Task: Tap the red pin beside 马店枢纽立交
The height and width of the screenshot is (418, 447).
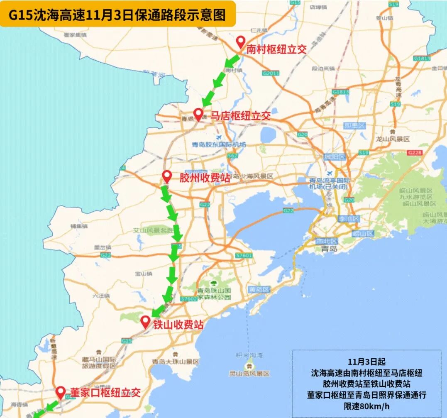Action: click(198, 114)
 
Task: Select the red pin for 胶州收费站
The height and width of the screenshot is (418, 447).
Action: click(167, 177)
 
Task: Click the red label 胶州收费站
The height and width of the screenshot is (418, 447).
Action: click(205, 178)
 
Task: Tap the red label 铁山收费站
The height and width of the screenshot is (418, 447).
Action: click(178, 325)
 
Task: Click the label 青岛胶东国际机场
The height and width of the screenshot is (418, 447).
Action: click(219, 144)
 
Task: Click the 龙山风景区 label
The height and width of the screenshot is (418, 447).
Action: click(392, 139)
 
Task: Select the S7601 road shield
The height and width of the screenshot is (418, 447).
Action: click(243, 255)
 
